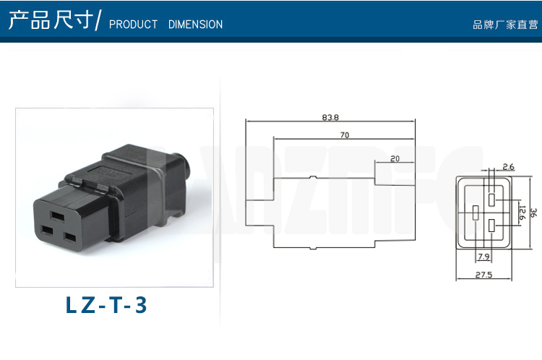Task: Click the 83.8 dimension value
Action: (x=330, y=117)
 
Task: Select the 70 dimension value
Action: (x=345, y=135)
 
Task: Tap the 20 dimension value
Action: (x=395, y=158)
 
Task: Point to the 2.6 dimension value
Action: (x=509, y=167)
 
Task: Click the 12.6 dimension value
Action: (x=522, y=213)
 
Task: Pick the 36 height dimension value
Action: (x=534, y=213)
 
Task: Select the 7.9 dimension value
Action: (x=483, y=257)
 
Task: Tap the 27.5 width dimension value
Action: (x=483, y=275)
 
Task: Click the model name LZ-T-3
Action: (x=106, y=305)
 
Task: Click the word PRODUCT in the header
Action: (x=133, y=25)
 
